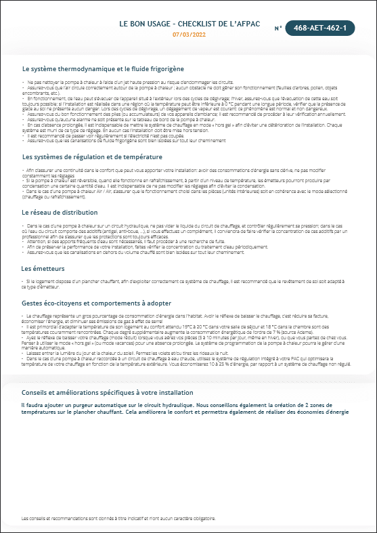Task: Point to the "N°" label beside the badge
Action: tap(278, 28)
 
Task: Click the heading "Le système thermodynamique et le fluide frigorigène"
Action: tap(103, 68)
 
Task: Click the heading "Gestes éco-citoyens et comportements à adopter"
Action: tap(97, 303)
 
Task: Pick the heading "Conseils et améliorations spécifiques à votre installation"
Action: tap(108, 392)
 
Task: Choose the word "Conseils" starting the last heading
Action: tap(35, 392)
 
